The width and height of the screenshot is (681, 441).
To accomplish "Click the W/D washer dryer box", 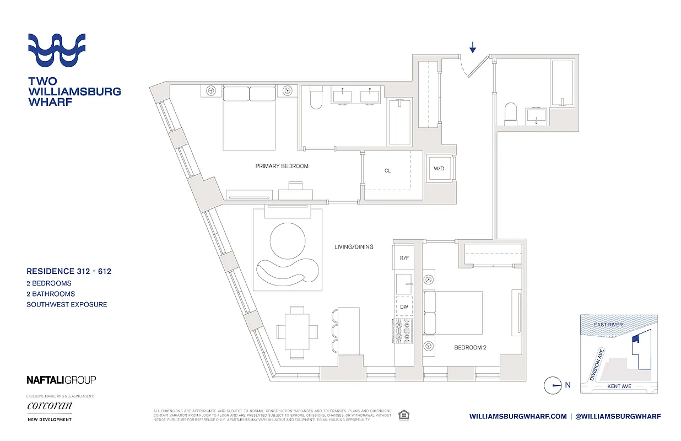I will pyautogui.click(x=439, y=168).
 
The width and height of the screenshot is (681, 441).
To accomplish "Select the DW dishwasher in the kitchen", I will pyautogui.click(x=404, y=306).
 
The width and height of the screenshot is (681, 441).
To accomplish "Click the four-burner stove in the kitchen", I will pyautogui.click(x=403, y=331).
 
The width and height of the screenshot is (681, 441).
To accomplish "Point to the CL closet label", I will pyautogui.click(x=387, y=171).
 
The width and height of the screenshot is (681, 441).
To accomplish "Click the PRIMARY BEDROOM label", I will pyautogui.click(x=282, y=166).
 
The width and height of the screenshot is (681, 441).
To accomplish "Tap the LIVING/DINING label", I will pyautogui.click(x=353, y=246).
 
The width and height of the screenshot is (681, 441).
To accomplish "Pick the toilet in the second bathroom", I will pyautogui.click(x=510, y=114).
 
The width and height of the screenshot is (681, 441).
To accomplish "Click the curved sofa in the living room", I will pyautogui.click(x=287, y=271).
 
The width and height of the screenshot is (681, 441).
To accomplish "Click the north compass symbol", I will pyautogui.click(x=552, y=385).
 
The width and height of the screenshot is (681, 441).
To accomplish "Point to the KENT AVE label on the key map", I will pyautogui.click(x=619, y=386).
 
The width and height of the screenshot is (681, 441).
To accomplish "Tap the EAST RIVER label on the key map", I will pyautogui.click(x=608, y=325).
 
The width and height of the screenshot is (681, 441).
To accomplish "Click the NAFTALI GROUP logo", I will pyautogui.click(x=61, y=380).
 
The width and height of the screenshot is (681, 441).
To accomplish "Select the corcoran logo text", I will pyautogui.click(x=50, y=406).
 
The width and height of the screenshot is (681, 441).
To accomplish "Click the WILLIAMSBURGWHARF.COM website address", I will pyautogui.click(x=517, y=416).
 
